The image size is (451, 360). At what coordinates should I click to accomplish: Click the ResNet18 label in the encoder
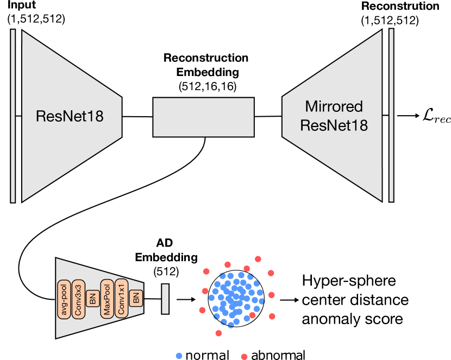point(70,116)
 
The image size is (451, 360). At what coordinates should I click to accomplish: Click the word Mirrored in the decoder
point(334,106)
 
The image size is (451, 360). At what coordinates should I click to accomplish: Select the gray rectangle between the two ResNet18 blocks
point(203,117)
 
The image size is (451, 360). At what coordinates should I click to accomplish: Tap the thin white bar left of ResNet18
point(13,116)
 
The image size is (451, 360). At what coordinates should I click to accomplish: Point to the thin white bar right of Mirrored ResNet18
point(391,115)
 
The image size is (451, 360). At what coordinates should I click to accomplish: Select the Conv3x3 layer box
point(79,299)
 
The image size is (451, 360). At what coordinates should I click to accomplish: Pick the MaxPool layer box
point(107,299)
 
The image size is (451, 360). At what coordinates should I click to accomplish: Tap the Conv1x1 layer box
point(121,299)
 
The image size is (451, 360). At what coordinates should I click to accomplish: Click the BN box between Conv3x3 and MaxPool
point(92,299)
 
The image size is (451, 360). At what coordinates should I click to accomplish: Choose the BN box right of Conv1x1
point(136,297)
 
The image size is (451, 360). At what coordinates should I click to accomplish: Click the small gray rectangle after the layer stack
point(165,299)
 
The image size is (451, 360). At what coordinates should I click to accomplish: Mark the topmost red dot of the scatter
point(258,259)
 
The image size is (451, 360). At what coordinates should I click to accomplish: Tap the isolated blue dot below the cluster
point(179,356)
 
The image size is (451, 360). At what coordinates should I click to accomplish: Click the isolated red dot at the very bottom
point(244,357)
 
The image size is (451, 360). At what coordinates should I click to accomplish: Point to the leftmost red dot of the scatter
point(202,310)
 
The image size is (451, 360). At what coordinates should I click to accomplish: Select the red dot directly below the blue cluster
point(218,333)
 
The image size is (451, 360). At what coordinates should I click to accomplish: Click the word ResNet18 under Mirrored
point(334,125)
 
